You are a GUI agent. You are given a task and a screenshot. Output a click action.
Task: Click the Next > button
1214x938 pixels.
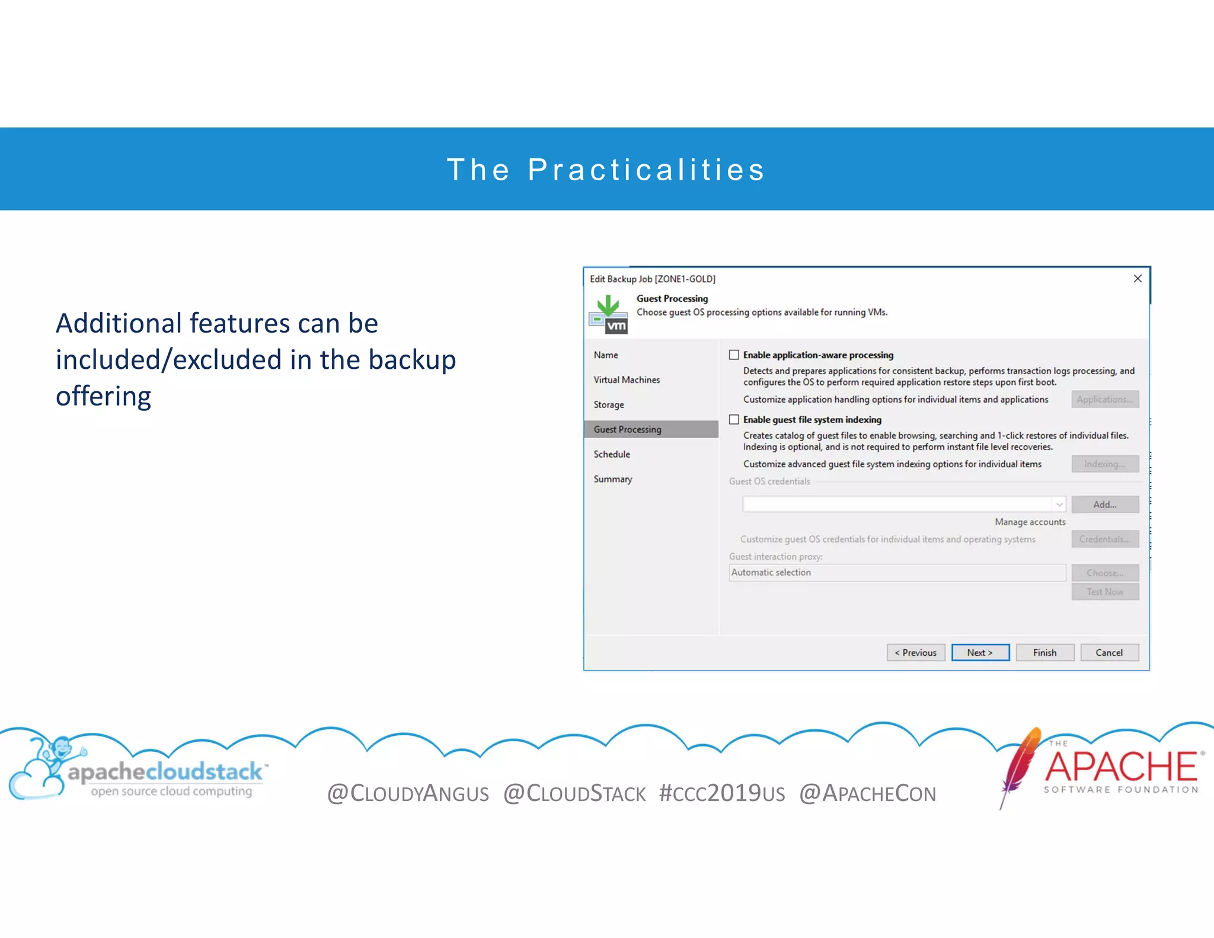tap(980, 652)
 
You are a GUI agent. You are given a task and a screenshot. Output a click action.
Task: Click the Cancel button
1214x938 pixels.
tap(1108, 652)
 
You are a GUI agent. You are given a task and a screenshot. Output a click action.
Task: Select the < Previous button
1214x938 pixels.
tap(915, 652)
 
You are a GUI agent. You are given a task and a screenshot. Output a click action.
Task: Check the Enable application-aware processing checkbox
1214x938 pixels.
tap(734, 355)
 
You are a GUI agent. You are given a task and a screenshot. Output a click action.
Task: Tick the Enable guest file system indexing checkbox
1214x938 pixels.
tap(734, 420)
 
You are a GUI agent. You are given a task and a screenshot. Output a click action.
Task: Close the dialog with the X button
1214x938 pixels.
tap(1137, 279)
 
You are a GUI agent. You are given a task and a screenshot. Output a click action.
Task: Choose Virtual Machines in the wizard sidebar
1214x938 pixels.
tap(627, 379)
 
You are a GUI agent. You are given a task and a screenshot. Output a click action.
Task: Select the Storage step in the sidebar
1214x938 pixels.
tap(609, 404)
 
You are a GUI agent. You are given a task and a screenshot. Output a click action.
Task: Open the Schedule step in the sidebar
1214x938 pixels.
tap(612, 454)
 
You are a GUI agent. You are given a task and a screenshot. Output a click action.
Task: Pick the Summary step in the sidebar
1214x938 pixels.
tap(613, 479)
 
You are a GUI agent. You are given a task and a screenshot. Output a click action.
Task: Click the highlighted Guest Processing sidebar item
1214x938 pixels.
tap(627, 429)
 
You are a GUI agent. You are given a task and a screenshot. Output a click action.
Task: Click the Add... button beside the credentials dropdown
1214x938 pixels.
tap(1104, 505)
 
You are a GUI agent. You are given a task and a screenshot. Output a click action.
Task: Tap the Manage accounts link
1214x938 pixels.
tap(1030, 522)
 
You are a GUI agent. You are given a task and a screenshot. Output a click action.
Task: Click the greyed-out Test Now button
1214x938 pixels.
tap(1104, 592)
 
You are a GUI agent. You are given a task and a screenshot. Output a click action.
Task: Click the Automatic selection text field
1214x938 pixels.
tap(896, 573)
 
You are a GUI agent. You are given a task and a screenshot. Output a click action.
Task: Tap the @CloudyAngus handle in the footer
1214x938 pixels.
tap(408, 793)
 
